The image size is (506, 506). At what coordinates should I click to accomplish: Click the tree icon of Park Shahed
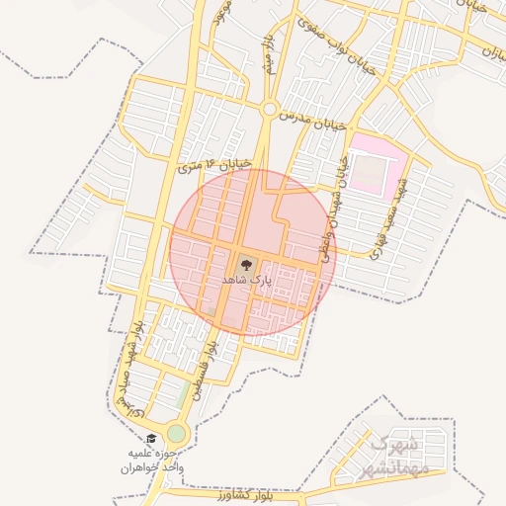(x=245, y=264)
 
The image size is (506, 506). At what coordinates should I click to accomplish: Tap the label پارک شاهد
(x=245, y=282)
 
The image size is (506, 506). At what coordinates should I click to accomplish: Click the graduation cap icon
(x=151, y=439)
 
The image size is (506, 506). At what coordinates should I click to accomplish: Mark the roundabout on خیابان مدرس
(x=269, y=110)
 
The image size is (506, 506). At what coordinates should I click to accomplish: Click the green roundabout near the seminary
(x=176, y=433)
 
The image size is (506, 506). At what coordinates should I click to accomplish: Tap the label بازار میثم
(x=269, y=54)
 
